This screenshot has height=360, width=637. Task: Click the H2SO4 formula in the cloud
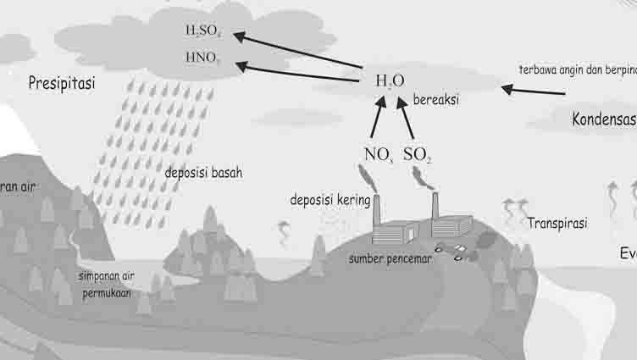202,31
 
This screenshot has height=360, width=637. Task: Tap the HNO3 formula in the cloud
202,58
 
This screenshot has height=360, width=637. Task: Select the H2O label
385,81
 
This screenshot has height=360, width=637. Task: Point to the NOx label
378,154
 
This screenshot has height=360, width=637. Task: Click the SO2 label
418,154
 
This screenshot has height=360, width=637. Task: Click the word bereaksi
435,100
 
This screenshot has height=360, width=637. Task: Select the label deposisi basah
203,172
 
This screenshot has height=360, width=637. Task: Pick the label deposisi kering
330,200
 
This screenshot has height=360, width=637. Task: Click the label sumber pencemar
391,258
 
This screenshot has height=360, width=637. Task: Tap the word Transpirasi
557,224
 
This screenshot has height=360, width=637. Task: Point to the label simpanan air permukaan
105,284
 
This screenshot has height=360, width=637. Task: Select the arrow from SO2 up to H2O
406,116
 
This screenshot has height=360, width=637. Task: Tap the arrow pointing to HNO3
296,73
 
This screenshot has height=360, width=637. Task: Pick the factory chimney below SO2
435,207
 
